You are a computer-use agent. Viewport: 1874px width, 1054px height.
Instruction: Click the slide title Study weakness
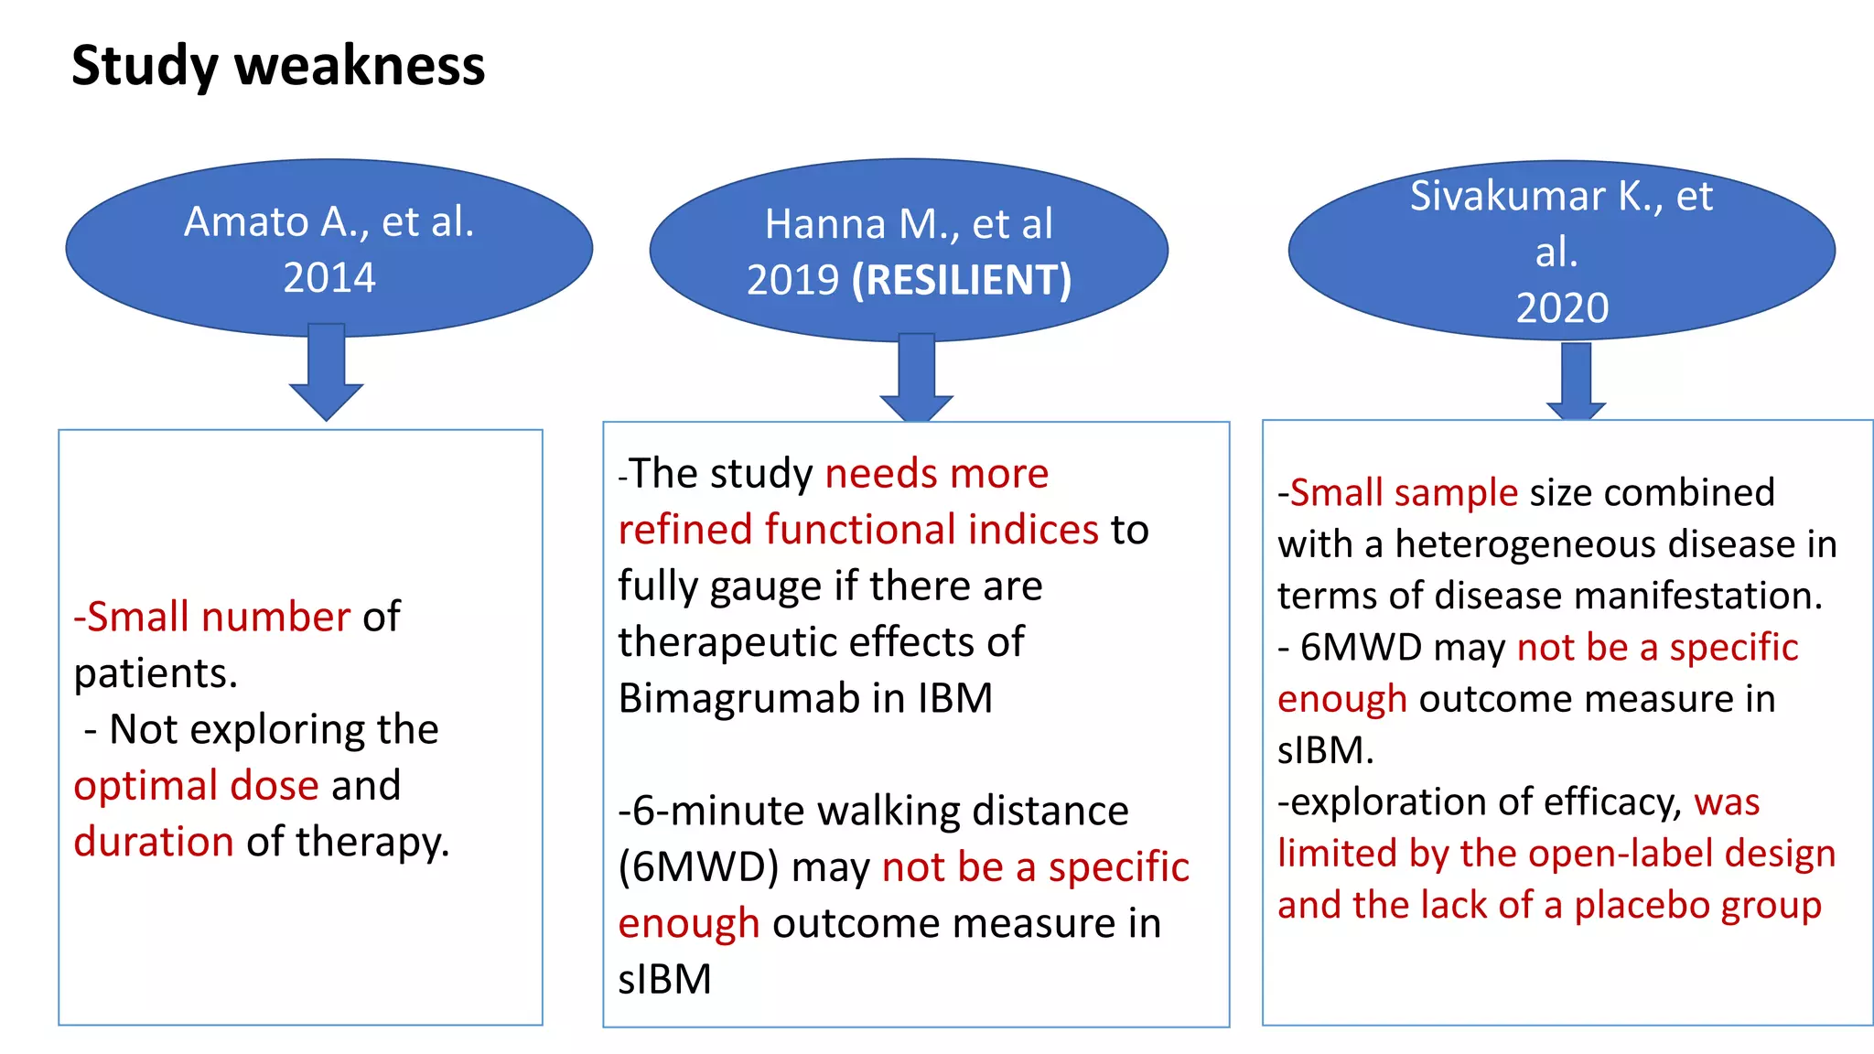coord(278,66)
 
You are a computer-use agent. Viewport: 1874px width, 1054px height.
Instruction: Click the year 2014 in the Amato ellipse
coord(329,277)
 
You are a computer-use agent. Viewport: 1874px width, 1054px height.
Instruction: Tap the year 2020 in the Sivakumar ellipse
coord(1562,308)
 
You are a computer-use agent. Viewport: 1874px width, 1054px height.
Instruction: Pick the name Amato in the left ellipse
coord(246,221)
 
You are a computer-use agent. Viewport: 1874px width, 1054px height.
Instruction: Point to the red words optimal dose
coord(196,785)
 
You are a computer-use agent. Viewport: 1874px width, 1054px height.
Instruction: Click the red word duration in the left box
coord(154,842)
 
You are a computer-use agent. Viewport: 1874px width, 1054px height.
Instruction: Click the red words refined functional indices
coord(858,530)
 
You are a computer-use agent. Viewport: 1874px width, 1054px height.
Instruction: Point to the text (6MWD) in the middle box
coord(699,867)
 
